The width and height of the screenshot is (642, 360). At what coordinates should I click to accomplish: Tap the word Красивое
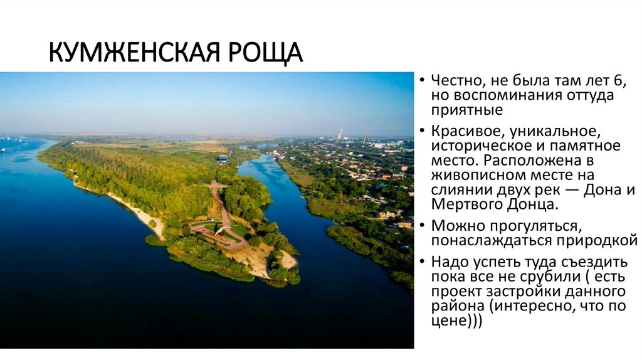click(x=467, y=132)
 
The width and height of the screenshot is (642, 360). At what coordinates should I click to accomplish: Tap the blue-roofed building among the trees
click(x=222, y=159)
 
